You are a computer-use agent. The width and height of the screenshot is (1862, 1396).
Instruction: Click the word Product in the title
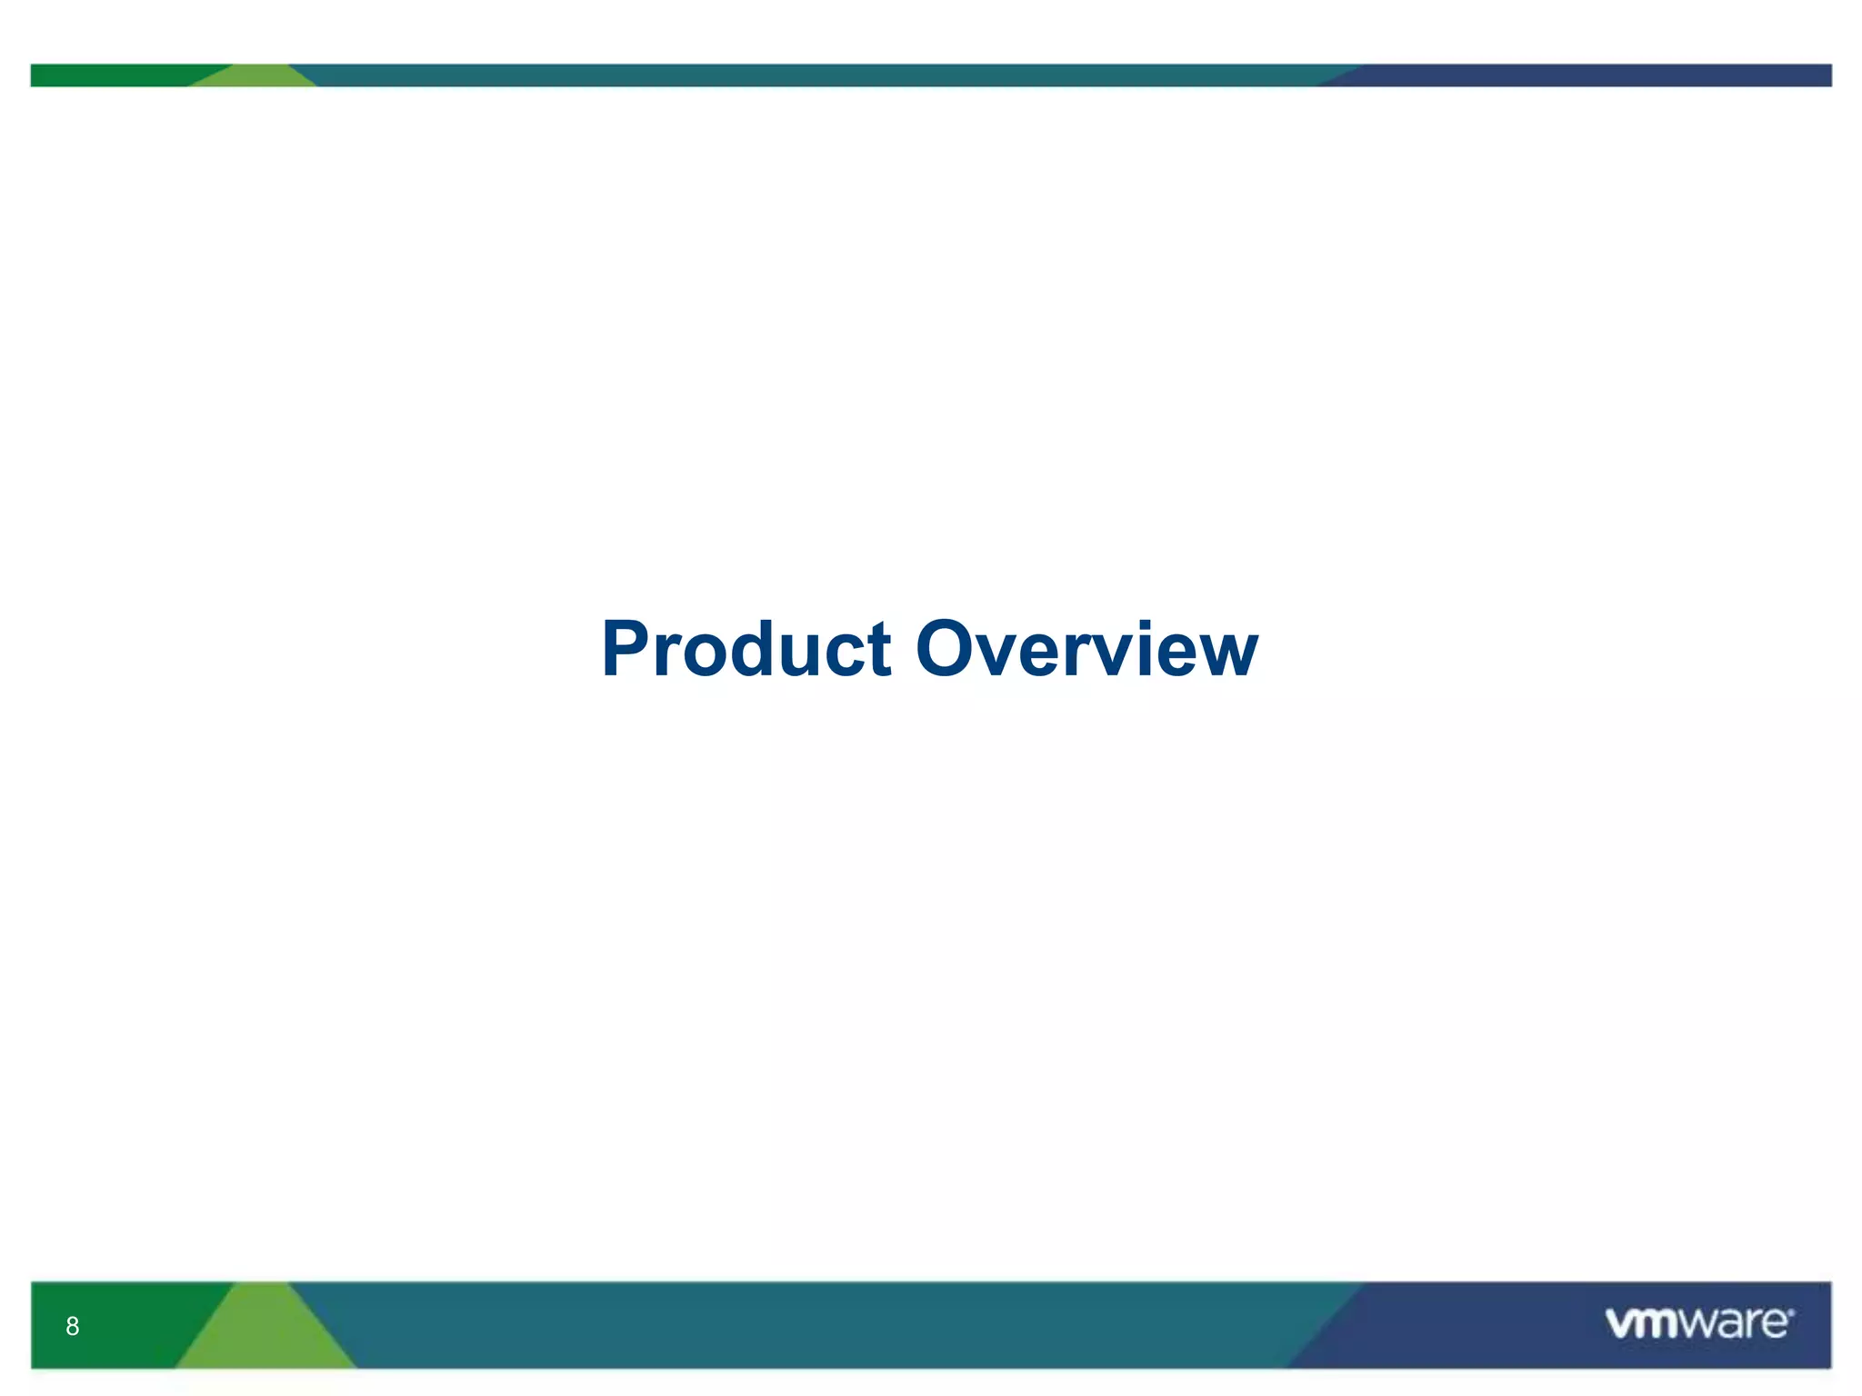point(746,649)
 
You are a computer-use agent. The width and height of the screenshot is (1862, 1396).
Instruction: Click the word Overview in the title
point(1086,649)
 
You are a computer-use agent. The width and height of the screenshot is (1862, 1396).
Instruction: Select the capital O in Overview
point(949,649)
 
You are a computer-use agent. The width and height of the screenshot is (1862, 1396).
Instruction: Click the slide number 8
point(73,1326)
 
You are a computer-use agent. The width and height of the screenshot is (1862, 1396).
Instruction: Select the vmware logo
point(1698,1323)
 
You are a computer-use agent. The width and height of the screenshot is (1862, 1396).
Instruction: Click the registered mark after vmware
point(1791,1311)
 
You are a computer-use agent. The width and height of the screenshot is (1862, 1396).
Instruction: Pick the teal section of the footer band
point(818,1325)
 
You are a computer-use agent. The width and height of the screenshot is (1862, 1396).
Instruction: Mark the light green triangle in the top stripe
point(255,77)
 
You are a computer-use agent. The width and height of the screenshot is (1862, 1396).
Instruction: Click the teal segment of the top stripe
point(818,75)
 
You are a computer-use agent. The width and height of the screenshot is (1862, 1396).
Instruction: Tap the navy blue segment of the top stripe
point(1591,75)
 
